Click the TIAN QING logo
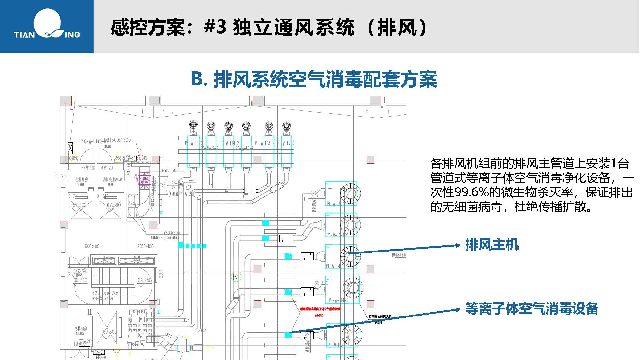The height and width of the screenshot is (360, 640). tap(47, 26)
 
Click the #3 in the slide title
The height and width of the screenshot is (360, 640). tap(215, 27)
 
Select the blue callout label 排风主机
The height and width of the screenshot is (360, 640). tap(492, 245)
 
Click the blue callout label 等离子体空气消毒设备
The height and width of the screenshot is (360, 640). tap(532, 308)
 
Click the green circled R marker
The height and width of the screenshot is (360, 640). tap(236, 276)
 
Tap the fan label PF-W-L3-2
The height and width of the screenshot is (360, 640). tap(194, 143)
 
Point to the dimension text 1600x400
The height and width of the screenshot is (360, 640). tap(91, 246)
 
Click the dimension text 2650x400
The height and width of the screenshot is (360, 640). tap(145, 246)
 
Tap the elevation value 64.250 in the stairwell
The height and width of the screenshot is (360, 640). tap(145, 280)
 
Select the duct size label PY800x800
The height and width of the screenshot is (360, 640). tap(171, 171)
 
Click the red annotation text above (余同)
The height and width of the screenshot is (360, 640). tap(320, 309)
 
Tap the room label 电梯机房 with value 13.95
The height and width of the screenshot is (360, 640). tap(81, 329)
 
